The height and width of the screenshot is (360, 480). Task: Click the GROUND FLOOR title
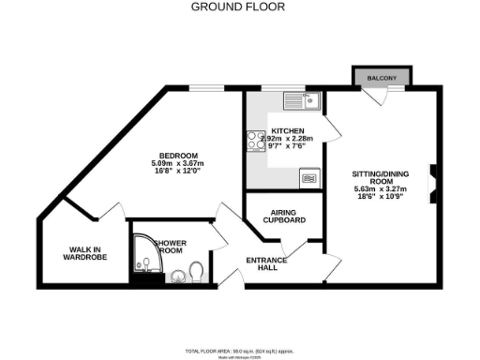point(239,7)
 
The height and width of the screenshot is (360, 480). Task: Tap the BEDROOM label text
point(177,155)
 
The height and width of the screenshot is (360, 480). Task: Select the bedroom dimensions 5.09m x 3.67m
point(177,164)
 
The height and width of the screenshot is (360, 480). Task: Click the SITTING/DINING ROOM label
point(380,180)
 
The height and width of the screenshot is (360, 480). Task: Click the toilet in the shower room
point(196,272)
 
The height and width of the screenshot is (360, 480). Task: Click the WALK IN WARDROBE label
point(83,254)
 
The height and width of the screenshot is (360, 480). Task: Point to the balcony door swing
point(378,95)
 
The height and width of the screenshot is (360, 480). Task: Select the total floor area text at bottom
point(238,348)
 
